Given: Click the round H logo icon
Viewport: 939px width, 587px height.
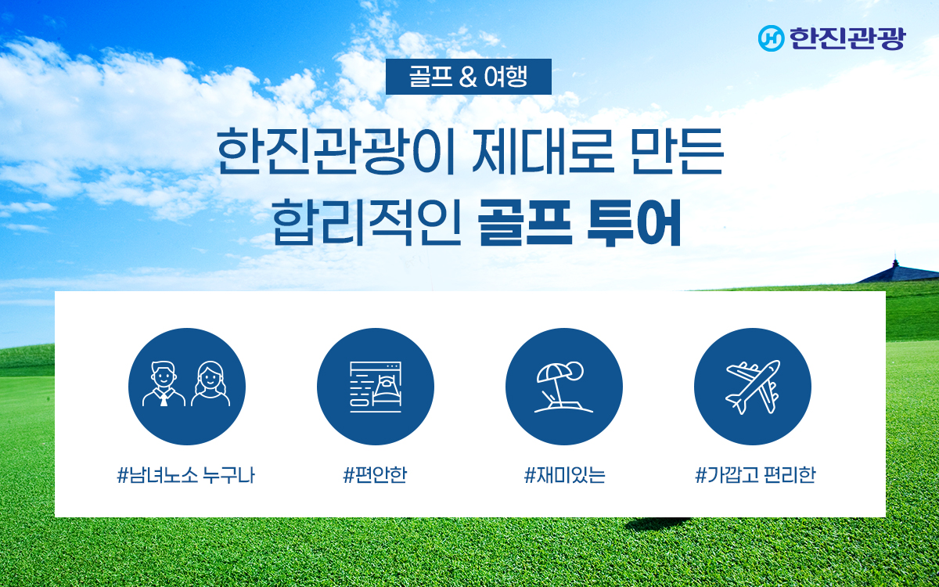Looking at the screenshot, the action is click(772, 38).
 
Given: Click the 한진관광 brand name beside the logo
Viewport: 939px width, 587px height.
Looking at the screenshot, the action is click(847, 38).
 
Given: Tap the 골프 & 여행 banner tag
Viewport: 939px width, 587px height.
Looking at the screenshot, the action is click(468, 77).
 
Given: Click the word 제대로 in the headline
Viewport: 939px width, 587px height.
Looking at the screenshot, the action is click(543, 151).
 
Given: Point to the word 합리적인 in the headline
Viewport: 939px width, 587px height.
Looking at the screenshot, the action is click(367, 221).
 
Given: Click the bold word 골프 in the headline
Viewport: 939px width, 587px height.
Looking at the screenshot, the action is click(525, 222).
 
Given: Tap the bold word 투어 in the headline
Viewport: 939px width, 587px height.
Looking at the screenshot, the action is click(634, 222).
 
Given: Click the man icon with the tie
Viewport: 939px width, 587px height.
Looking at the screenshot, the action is click(164, 384).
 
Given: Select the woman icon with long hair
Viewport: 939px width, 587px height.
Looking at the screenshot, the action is click(210, 384).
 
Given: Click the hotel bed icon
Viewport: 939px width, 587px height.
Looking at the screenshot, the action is click(376, 387).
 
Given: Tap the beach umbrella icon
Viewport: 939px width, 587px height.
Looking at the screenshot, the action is click(563, 387).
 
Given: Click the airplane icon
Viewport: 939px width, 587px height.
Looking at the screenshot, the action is click(753, 387).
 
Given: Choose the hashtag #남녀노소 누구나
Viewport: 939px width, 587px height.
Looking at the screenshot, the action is click(185, 475).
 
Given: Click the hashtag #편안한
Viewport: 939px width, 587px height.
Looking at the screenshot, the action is click(375, 475).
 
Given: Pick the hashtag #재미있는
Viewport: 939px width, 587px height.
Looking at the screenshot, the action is click(564, 475).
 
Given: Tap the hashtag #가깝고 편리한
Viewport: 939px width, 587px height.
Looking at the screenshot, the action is click(755, 475).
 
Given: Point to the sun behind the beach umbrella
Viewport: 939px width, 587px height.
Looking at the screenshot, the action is click(574, 371).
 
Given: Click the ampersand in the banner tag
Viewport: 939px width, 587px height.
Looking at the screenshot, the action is click(468, 77).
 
